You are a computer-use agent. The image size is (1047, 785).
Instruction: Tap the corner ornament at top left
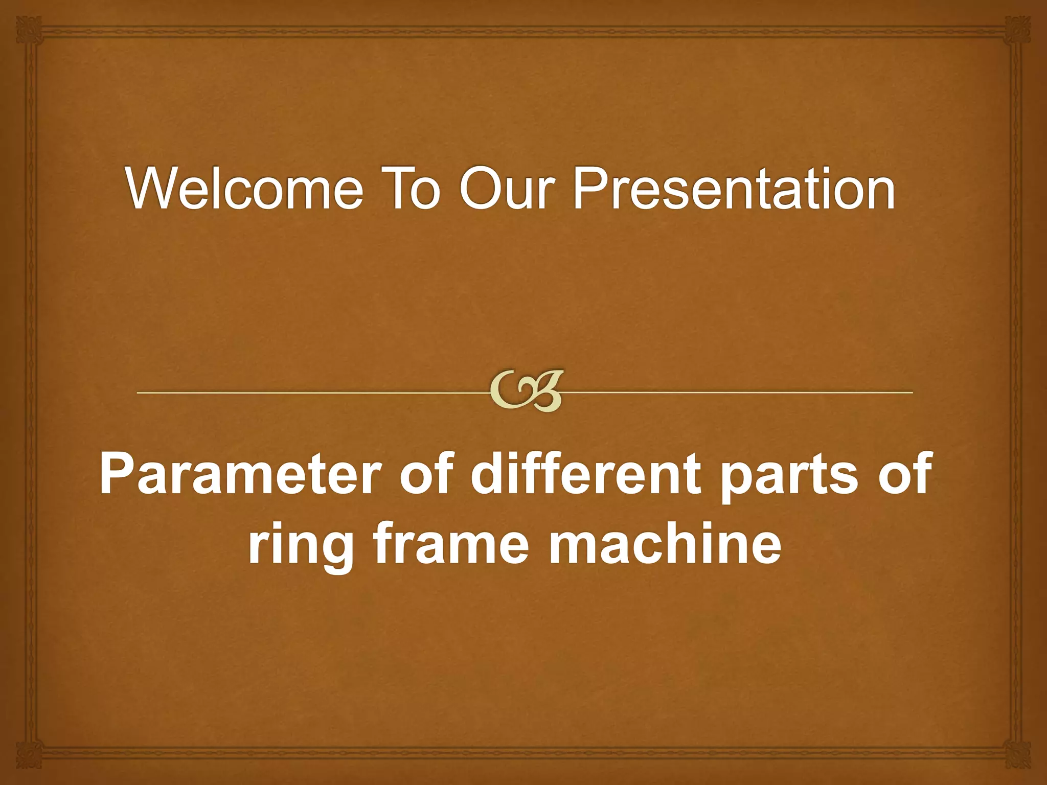[x=28, y=28]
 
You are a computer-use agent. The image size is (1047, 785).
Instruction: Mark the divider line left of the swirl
[x=307, y=392]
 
